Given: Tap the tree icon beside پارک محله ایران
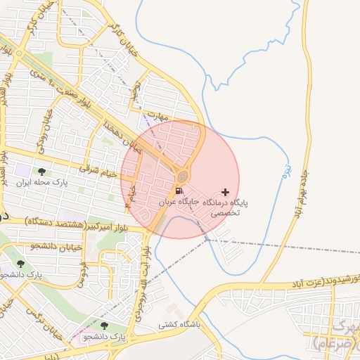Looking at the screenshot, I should pos(42,171).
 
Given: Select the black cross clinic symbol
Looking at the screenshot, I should pos(225,191).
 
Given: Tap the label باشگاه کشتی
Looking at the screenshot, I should pos(179,325).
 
